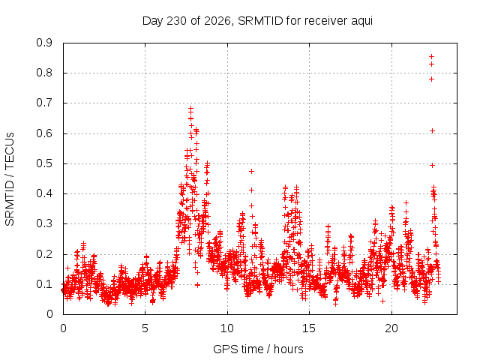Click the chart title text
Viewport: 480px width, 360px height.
[257, 21]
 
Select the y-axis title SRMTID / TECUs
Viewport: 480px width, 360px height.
[10, 179]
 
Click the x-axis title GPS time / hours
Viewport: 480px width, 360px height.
[258, 349]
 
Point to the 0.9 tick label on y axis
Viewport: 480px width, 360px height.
[44, 43]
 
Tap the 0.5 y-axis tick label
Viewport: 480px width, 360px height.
[44, 163]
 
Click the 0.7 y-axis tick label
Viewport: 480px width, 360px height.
[44, 103]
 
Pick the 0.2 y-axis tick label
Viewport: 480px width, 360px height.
[44, 254]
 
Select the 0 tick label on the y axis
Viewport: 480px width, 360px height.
[49, 314]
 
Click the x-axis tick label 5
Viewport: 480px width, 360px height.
[145, 328]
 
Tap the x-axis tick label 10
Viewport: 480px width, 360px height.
[227, 328]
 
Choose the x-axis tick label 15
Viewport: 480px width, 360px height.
[309, 328]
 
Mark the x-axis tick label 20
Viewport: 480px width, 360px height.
[391, 328]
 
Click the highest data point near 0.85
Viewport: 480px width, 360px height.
[432, 57]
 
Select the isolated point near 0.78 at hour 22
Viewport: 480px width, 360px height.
[432, 79]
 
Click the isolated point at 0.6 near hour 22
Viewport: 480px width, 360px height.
[432, 131]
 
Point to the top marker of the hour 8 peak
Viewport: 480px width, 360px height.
[191, 108]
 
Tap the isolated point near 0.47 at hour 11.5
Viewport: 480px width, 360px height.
[252, 172]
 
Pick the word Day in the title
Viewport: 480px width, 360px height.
[153, 22]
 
